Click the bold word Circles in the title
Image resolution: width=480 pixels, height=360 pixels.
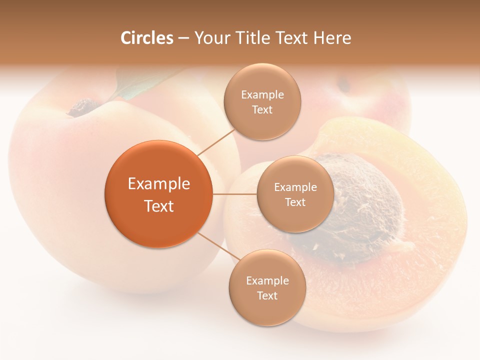pos(146,38)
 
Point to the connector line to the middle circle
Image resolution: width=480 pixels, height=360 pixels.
pos(235,194)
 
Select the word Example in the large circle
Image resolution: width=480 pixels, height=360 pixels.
pos(159,184)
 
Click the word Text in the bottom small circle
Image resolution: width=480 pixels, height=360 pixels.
pos(267,295)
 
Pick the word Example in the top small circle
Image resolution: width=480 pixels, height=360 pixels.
pos(262,94)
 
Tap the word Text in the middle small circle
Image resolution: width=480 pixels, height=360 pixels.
pos(295,202)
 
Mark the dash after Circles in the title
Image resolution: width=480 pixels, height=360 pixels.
pos(183,38)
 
